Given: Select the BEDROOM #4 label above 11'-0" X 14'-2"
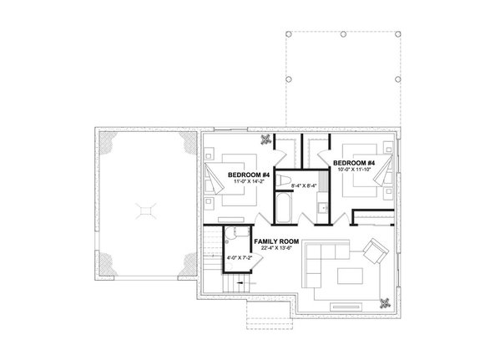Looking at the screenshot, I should pos(248,174).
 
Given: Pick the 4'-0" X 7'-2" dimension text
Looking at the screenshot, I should pos(238,269).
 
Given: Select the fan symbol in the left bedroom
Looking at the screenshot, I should pos(266,139).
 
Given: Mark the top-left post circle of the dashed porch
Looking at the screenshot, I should pos(287,34).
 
